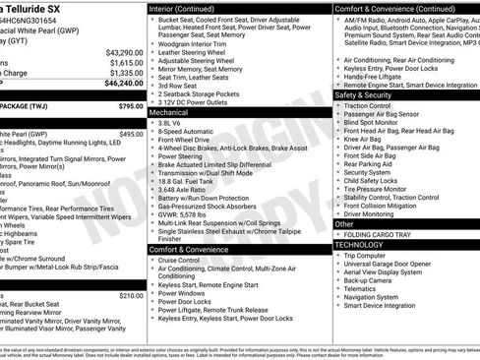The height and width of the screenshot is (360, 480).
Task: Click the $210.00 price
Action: (131, 295)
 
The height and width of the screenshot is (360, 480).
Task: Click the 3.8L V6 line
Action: (173, 125)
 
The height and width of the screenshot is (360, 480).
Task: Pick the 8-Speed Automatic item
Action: (188, 134)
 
